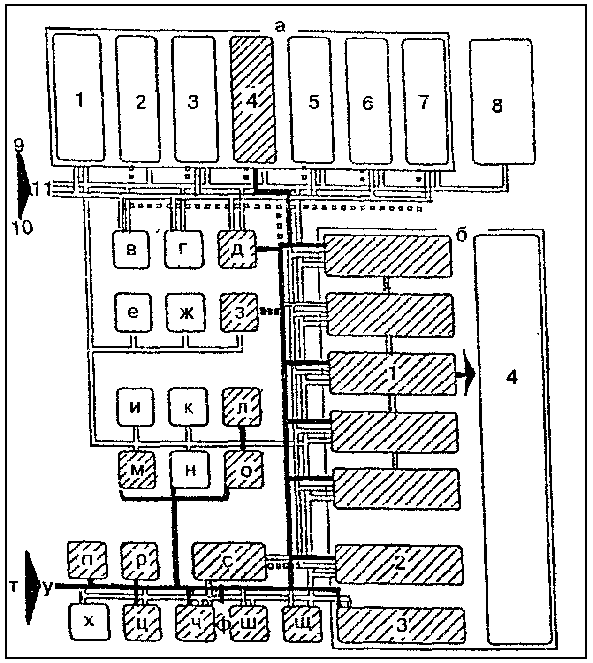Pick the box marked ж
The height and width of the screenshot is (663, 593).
tap(186, 312)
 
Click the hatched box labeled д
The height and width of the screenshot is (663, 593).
tap(237, 249)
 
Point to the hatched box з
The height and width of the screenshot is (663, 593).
tap(239, 312)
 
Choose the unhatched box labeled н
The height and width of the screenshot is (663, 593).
tap(190, 470)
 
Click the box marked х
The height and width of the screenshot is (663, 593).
tap(89, 622)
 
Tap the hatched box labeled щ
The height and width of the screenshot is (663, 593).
tap(303, 623)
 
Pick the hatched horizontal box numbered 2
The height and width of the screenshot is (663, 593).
tap(398, 563)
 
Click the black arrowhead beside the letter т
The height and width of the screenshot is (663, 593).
tap(32, 588)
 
